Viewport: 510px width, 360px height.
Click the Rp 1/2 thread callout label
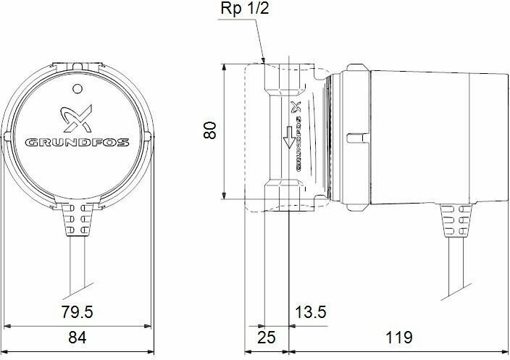[x=245, y=9]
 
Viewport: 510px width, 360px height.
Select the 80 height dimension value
[x=210, y=130]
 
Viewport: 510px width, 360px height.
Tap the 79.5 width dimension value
[x=77, y=312]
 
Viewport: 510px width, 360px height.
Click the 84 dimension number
[x=78, y=338]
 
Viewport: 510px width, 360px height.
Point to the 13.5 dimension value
[x=310, y=312]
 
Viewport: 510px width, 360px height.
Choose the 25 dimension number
[x=267, y=338]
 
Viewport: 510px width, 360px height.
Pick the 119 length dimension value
[x=398, y=338]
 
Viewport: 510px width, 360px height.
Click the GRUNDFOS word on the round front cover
[x=77, y=143]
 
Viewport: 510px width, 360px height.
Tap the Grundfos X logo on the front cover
[x=77, y=118]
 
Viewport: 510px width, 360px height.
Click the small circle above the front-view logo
[x=77, y=88]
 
